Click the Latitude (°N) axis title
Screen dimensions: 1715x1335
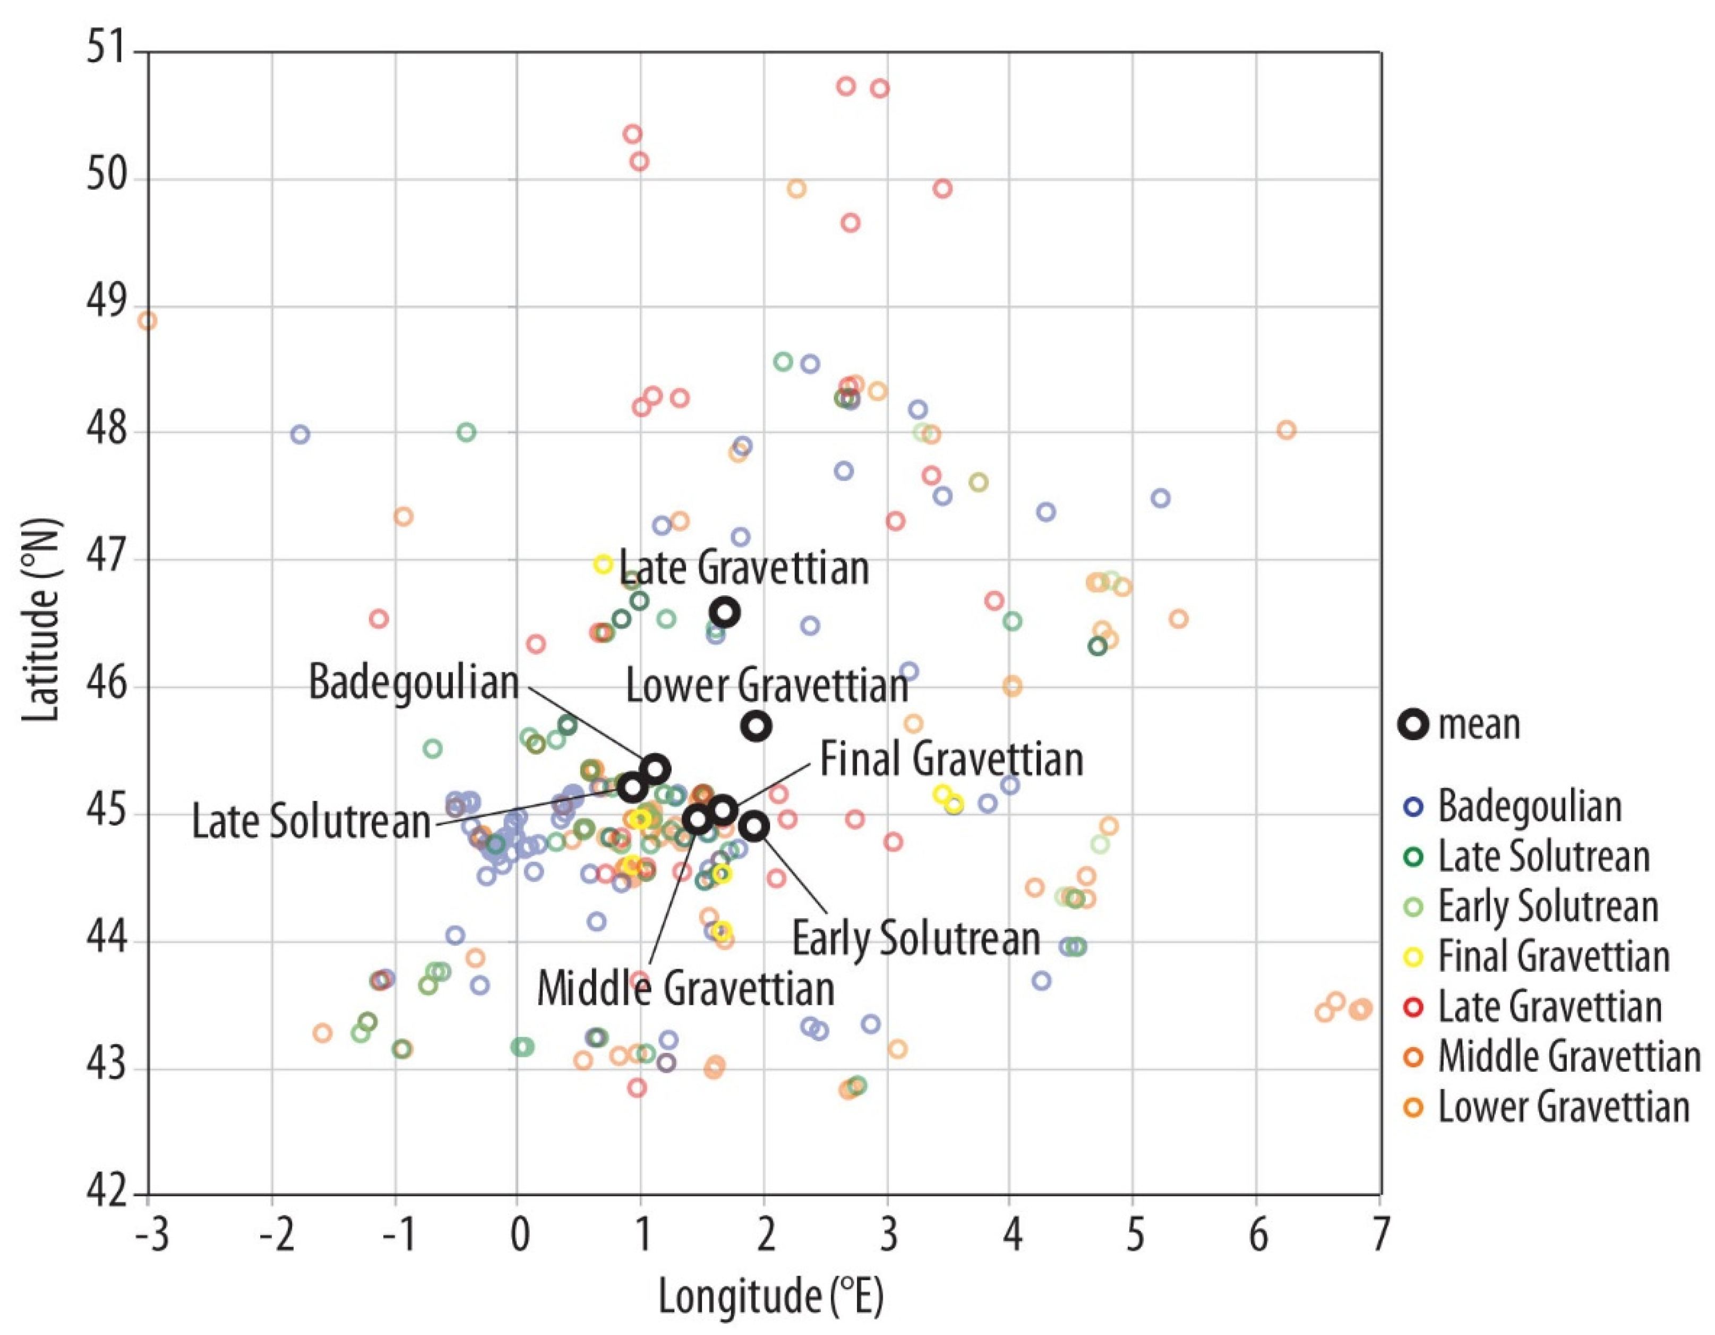click(x=41, y=620)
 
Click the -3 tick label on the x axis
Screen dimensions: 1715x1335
click(x=151, y=1235)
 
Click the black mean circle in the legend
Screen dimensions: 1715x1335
click(x=1413, y=724)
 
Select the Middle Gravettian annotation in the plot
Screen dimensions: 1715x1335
click(x=685, y=989)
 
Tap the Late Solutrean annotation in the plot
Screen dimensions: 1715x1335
click(x=311, y=822)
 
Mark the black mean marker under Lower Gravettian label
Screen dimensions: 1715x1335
click(x=756, y=726)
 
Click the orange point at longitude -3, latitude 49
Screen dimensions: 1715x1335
click(x=147, y=320)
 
